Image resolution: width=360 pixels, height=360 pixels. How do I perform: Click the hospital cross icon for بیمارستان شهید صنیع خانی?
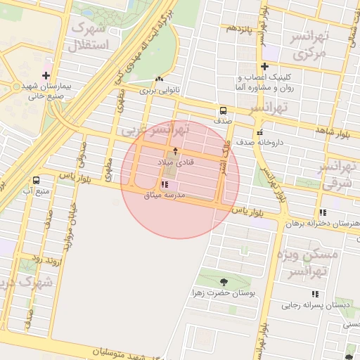pos(46,75)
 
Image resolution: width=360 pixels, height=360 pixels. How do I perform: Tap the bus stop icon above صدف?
pos(223,110)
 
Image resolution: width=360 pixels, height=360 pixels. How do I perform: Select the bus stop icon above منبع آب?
pos(36,180)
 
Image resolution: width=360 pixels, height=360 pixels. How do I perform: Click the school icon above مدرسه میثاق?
pos(165,185)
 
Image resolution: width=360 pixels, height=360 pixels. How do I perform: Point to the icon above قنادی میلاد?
pos(175,152)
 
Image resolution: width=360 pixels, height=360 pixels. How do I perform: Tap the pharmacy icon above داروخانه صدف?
pos(259,131)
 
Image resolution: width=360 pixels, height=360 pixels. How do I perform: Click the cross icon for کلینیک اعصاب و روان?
pos(264,67)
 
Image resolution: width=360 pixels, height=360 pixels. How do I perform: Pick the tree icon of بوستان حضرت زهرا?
pos(224,282)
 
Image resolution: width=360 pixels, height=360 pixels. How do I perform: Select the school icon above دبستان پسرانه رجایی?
pos(314,294)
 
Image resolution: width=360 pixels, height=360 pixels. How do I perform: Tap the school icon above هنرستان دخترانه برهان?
pos(323,212)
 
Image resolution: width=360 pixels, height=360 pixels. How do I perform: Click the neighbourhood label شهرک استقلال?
pos(89,37)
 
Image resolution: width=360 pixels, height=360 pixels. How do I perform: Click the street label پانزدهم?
pos(239,28)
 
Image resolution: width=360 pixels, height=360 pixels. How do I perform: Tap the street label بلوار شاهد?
pos(333,131)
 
